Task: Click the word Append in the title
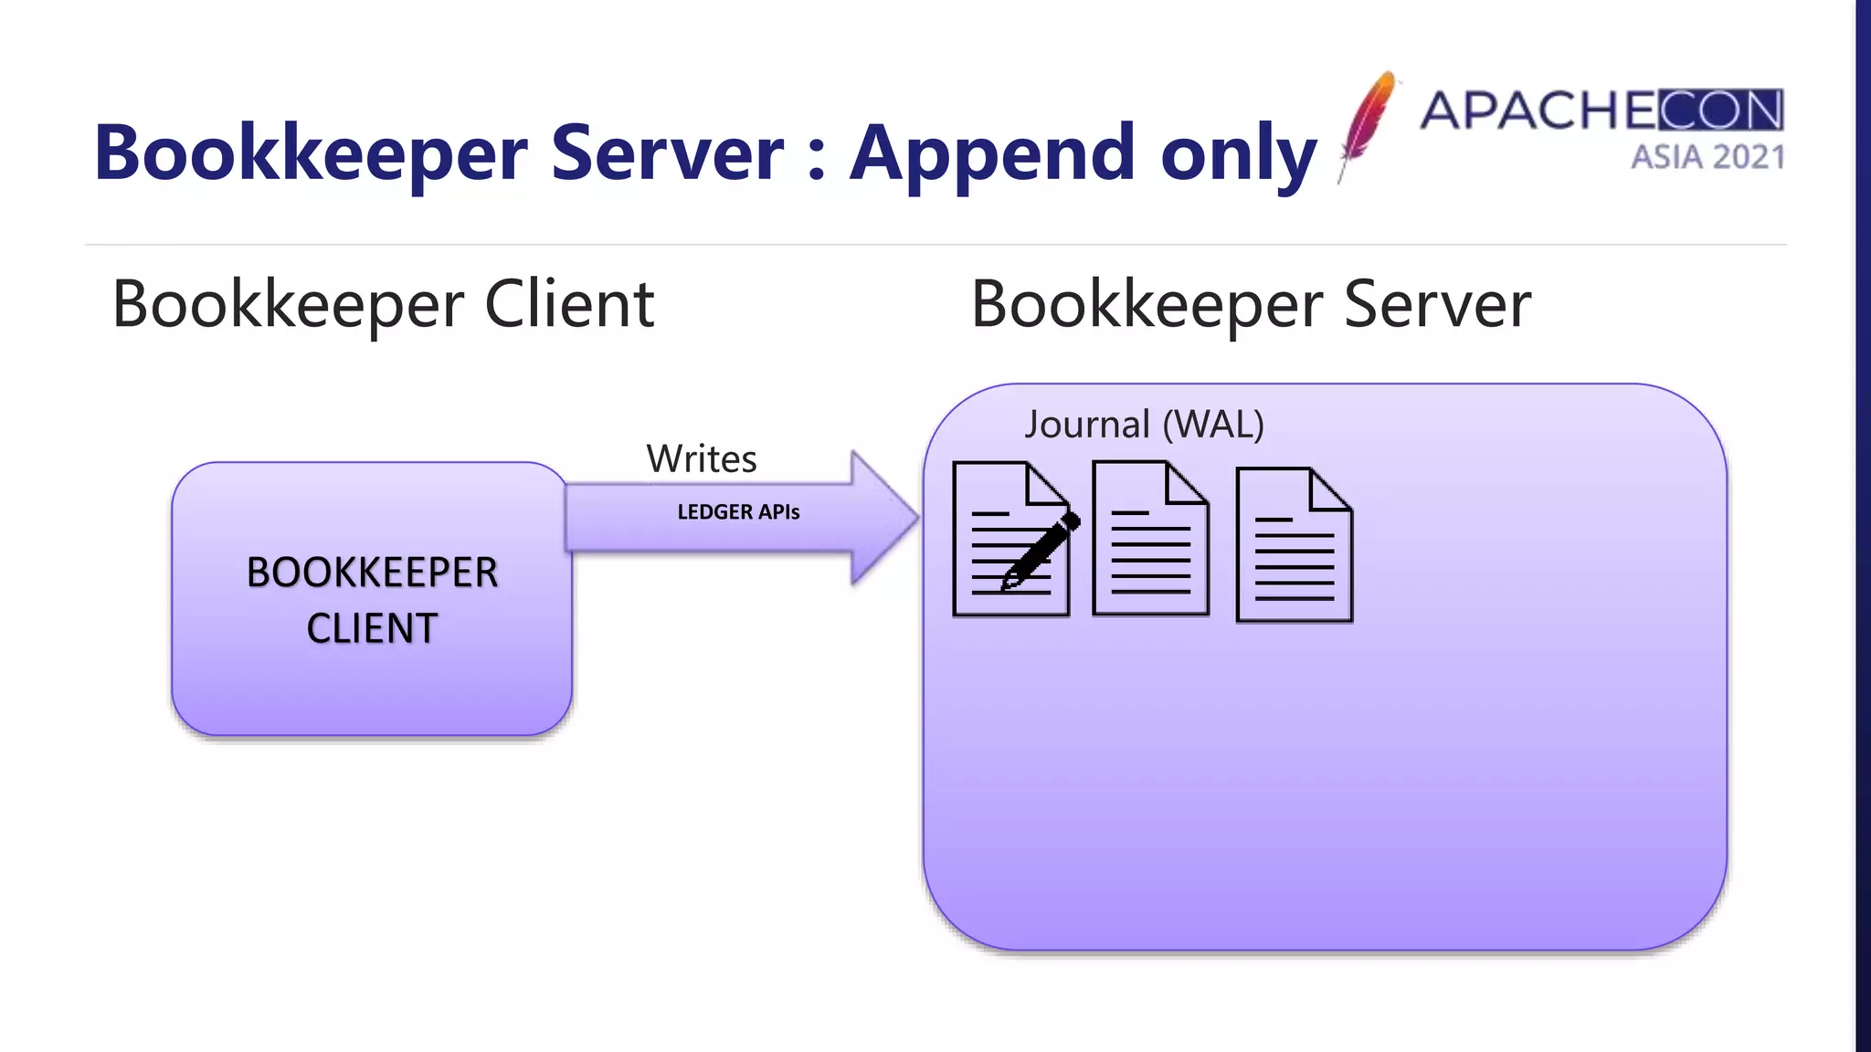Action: [992, 153]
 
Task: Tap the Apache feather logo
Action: [1367, 124]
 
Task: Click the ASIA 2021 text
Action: [1707, 157]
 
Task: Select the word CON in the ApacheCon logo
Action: [1720, 110]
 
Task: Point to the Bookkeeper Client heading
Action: [383, 304]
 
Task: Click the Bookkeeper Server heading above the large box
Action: [1250, 304]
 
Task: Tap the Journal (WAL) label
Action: [1144, 425]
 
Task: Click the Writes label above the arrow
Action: [702, 458]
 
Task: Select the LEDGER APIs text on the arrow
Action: [738, 512]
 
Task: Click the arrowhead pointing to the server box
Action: [883, 517]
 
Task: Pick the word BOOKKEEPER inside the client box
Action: [372, 573]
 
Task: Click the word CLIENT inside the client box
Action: [372, 628]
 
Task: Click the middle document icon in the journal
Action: [1150, 539]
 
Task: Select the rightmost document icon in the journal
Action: [1294, 545]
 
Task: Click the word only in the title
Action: [1238, 153]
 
